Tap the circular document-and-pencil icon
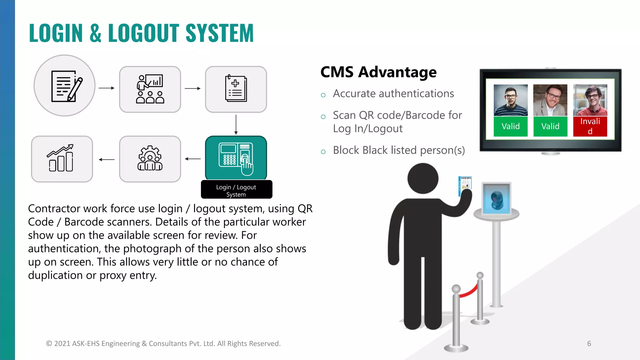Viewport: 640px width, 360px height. click(x=64, y=86)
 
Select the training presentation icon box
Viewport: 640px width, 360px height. click(x=150, y=89)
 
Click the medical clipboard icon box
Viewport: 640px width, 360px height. click(x=236, y=89)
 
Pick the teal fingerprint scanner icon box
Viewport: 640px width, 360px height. click(x=236, y=158)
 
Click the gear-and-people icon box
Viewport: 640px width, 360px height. click(x=150, y=159)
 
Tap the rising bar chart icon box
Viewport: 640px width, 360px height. click(x=62, y=159)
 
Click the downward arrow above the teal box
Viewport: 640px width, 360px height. click(x=236, y=124)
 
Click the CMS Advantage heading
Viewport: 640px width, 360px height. click(x=378, y=72)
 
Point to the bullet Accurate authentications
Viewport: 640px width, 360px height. click(x=393, y=94)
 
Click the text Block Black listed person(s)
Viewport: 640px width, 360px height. click(x=399, y=150)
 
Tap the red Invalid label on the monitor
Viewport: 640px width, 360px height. click(x=590, y=126)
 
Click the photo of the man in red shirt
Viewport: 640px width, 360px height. click(x=590, y=100)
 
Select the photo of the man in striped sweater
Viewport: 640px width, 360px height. click(x=511, y=100)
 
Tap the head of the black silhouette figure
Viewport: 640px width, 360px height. click(x=423, y=179)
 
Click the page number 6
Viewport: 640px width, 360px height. click(x=589, y=343)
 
